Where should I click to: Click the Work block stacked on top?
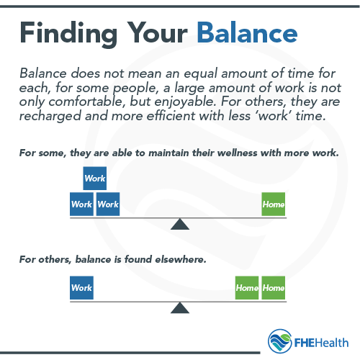[95, 178]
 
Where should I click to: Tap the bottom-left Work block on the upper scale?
[81, 204]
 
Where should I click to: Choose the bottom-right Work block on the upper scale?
[108, 204]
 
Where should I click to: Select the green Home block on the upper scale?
[274, 204]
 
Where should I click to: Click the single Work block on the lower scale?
[81, 288]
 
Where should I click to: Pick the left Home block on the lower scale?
[247, 288]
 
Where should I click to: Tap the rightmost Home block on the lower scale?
[274, 288]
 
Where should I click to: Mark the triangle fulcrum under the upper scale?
[179, 224]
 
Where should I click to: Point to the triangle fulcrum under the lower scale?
[179, 307]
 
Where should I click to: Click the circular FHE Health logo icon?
[279, 341]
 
